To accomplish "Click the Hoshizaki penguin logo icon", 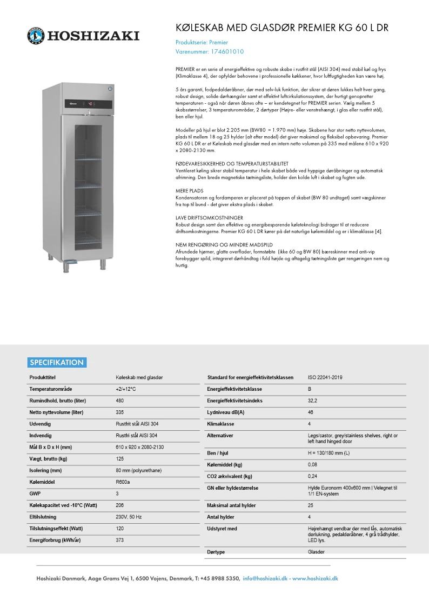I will click(x=36, y=36).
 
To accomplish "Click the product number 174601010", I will click(x=226, y=52).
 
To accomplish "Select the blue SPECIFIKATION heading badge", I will click(x=57, y=363).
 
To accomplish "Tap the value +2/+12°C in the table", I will click(x=125, y=389).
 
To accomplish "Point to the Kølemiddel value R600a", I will click(x=123, y=482).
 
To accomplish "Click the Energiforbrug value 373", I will click(x=120, y=540).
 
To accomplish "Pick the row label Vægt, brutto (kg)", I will click(x=48, y=459).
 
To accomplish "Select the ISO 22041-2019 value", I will click(x=325, y=377).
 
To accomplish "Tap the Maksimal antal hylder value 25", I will click(x=311, y=505).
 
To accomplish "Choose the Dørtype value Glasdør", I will click(x=316, y=552).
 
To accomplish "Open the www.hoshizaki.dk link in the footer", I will click(x=315, y=578).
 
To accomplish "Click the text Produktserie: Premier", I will click(x=202, y=42).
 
